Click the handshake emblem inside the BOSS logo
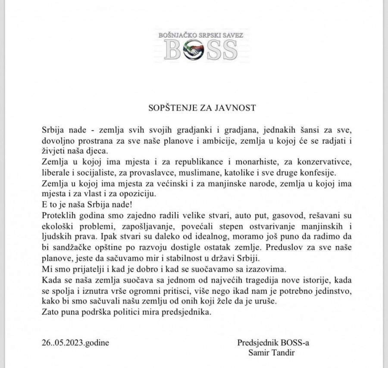194,51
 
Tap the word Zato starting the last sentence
51,308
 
